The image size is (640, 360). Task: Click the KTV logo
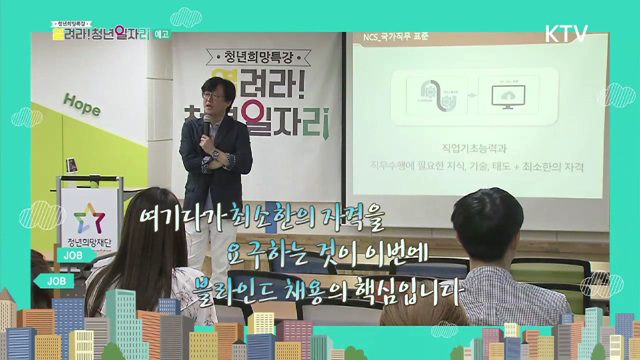pyautogui.click(x=566, y=33)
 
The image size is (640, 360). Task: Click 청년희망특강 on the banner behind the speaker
pyautogui.click(x=247, y=57)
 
